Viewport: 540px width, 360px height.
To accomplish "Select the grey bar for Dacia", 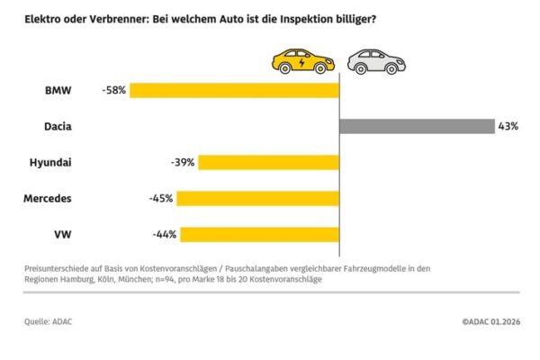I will coord(417,126).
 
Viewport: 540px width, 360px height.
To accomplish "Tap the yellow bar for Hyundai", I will coord(269,162).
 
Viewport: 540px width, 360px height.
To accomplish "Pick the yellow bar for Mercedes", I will coord(257,198).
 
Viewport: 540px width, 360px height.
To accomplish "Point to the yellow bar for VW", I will coord(259,234).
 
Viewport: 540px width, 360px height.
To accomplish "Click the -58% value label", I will coord(116,90).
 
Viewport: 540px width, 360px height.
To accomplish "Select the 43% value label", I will coord(508,126).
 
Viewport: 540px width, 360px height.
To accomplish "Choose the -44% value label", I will coord(165,234).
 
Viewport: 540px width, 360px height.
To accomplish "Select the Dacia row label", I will coord(58,126).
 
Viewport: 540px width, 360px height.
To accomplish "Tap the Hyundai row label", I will coord(50,162).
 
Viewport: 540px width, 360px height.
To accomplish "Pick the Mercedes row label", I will coord(48,198).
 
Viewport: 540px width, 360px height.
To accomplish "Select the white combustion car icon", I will coord(376,61).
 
